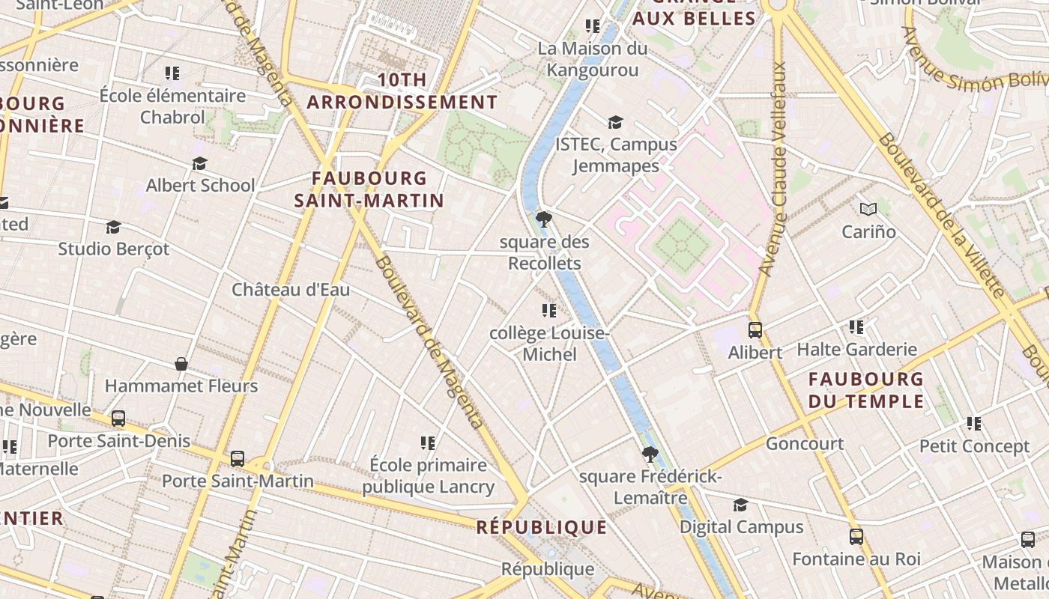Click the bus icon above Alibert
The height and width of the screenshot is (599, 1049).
point(755,329)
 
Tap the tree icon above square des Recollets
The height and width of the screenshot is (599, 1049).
point(544,219)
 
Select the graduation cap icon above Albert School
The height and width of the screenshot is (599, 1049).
point(199,163)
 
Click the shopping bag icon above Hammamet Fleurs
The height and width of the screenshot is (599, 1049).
point(181,364)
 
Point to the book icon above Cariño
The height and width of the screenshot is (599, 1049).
point(868,209)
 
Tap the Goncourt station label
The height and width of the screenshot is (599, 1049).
point(805,443)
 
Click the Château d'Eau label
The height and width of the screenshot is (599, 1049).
point(291,290)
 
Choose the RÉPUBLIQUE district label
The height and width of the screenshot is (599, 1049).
point(542,527)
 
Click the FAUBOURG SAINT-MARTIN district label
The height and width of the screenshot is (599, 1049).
point(369,189)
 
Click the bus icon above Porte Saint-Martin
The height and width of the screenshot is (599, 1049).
point(238,458)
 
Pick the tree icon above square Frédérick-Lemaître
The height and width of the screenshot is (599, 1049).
point(650,454)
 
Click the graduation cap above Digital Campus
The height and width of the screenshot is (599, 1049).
point(740,505)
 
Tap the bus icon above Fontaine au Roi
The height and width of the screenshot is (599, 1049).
point(856,536)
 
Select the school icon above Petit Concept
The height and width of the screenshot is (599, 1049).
point(974,424)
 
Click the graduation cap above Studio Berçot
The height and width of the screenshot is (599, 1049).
point(113,226)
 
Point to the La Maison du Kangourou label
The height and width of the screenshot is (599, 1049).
point(593,59)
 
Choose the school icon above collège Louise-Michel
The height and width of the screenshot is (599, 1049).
point(549,310)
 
